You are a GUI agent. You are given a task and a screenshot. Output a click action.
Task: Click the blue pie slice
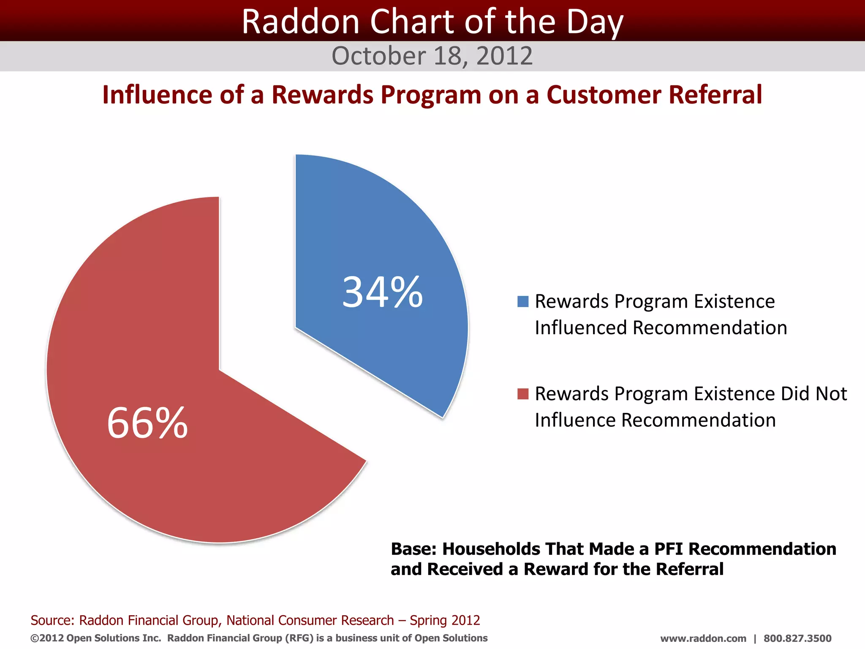point(380,237)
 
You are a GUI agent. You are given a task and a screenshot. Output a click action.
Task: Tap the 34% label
point(382,292)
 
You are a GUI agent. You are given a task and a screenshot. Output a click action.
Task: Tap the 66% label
point(147,423)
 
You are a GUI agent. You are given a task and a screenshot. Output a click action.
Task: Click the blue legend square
point(523,302)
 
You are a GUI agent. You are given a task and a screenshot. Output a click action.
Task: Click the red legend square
point(523,394)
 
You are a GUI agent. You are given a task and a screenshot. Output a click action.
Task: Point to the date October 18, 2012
point(432,56)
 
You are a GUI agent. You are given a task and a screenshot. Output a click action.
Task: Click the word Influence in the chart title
point(157,95)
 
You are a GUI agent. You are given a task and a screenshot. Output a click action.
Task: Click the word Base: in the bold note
point(413,549)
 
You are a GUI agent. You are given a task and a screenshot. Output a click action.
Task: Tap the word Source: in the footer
point(52,620)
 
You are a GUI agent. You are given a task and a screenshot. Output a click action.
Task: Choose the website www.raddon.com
point(703,638)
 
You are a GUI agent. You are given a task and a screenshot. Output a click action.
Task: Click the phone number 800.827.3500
point(797,638)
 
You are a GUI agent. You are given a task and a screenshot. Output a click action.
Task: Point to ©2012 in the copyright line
point(47,638)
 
